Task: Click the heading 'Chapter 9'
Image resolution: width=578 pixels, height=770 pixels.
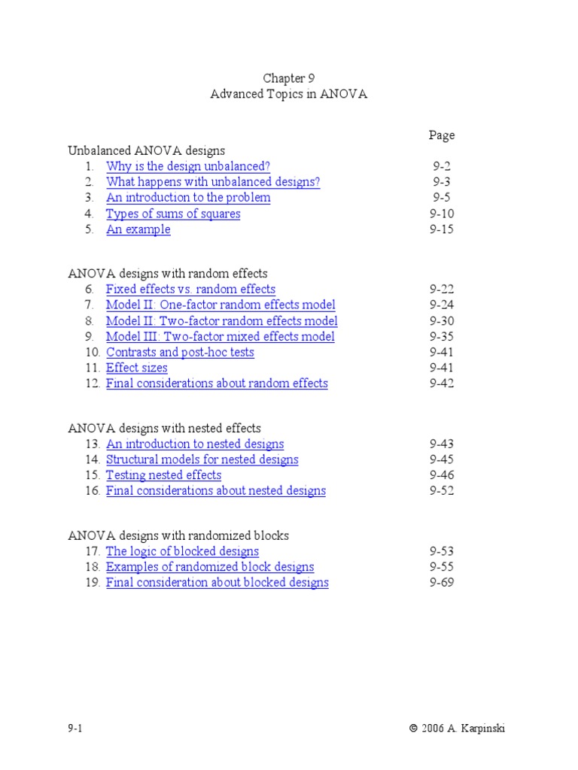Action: pyautogui.click(x=288, y=78)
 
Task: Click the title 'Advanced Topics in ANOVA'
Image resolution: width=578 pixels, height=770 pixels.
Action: pyautogui.click(x=288, y=95)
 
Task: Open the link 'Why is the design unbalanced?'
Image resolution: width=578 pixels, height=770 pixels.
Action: pyautogui.click(x=187, y=166)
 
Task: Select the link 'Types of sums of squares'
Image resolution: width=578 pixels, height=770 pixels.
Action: pyautogui.click(x=173, y=214)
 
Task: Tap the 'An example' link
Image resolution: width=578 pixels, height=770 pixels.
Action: pyautogui.click(x=138, y=229)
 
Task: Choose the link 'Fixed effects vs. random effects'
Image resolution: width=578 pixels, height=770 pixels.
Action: pyautogui.click(x=190, y=289)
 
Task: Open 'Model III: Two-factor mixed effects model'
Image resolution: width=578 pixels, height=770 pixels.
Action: pyautogui.click(x=220, y=336)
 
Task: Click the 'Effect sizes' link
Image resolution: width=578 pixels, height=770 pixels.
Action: pyautogui.click(x=136, y=368)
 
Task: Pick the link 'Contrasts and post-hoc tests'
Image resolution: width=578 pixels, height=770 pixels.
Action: pyautogui.click(x=180, y=352)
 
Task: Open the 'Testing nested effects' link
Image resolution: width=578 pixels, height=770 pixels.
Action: pyautogui.click(x=163, y=474)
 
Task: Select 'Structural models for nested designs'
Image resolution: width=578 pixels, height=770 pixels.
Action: pyautogui.click(x=202, y=459)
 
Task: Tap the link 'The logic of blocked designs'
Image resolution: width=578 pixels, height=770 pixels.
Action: pyautogui.click(x=182, y=551)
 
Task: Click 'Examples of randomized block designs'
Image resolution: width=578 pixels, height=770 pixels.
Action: pyautogui.click(x=209, y=567)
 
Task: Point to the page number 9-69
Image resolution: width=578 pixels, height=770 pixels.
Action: pyautogui.click(x=442, y=582)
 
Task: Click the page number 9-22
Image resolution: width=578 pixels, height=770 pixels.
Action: pyautogui.click(x=442, y=289)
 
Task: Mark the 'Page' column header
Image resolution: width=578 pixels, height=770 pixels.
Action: pyautogui.click(x=442, y=135)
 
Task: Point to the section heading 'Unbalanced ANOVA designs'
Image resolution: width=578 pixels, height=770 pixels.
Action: pyautogui.click(x=146, y=150)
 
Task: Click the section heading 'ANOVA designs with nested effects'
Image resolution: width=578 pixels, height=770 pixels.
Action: pyautogui.click(x=164, y=429)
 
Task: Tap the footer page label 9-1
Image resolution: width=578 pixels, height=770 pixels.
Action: pyautogui.click(x=75, y=728)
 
